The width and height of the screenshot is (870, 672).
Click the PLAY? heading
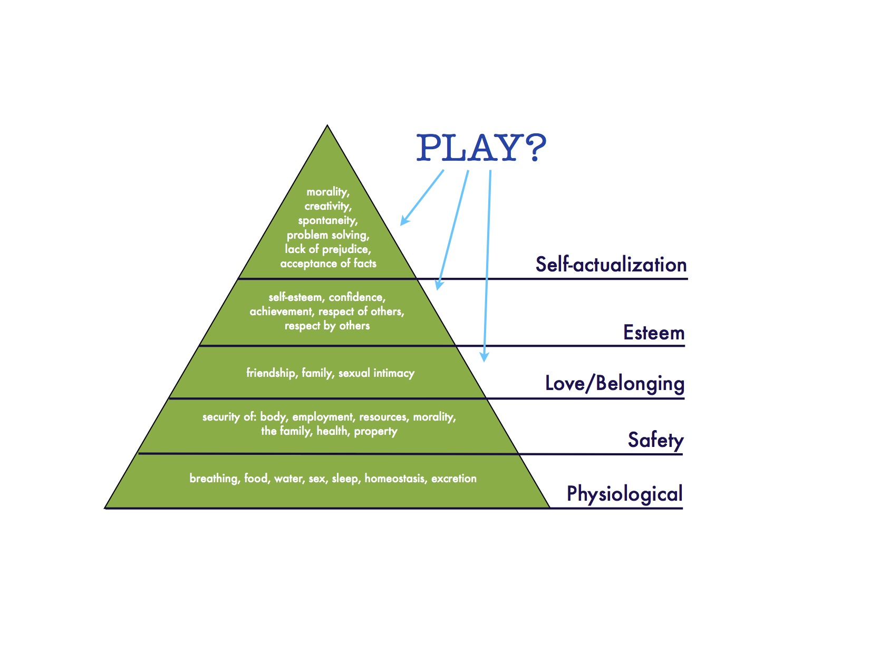481,148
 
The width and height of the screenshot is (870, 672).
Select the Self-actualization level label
611,265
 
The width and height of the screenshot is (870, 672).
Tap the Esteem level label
653,333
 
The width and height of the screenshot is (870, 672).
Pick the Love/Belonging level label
614,383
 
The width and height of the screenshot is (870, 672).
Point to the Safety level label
655,440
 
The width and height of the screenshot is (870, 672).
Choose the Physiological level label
624,494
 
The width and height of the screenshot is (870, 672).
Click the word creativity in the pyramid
327,206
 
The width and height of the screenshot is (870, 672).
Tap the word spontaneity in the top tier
327,220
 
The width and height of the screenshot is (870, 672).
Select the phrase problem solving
327,235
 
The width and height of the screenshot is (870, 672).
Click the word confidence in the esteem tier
357,297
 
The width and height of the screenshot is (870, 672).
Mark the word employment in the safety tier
323,417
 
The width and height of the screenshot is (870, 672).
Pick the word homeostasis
395,479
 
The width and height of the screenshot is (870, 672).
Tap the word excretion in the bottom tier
453,479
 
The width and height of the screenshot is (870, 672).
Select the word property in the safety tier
375,431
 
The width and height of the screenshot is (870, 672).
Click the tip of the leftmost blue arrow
401,225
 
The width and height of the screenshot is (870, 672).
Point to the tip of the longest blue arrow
484,361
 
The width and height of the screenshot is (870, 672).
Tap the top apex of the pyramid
327,126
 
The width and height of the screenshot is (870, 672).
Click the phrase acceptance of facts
328,264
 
